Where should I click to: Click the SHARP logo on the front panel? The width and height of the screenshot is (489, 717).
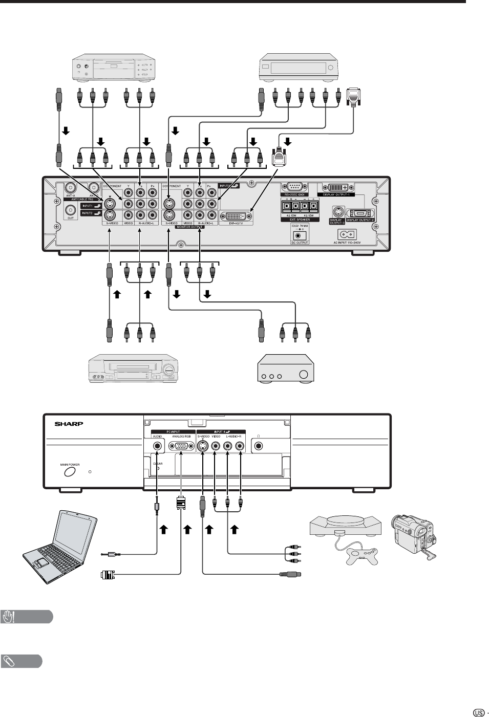click(x=69, y=424)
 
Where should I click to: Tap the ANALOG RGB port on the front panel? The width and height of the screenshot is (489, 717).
click(x=181, y=445)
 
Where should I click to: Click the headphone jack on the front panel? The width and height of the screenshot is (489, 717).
click(x=259, y=445)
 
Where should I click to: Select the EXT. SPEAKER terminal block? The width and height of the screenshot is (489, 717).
click(x=299, y=207)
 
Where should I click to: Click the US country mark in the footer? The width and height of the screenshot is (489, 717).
click(x=479, y=712)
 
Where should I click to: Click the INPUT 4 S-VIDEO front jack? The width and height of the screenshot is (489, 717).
click(x=203, y=445)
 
